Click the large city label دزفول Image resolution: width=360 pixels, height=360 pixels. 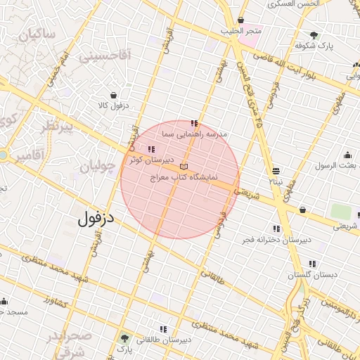pos(97,219)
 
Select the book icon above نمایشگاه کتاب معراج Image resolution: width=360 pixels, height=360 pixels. pos(184,165)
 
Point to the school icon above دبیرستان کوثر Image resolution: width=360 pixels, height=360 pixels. pos(152,148)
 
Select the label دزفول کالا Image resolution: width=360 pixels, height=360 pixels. pos(112,106)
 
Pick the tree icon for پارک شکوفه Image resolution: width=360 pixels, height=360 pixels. pos(314,34)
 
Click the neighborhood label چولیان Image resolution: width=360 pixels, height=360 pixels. pos(96,168)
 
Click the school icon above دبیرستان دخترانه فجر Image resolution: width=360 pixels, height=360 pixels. pos(276,229)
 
